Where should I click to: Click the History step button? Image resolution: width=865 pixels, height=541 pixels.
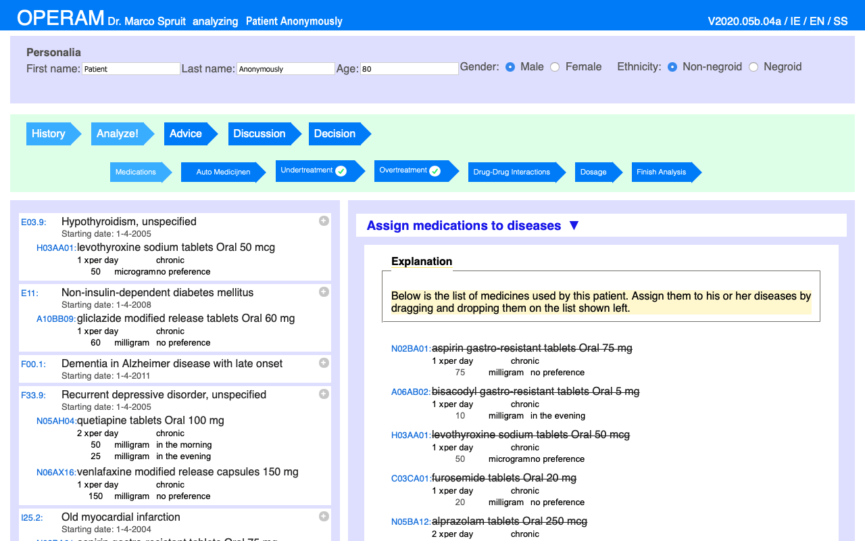(49, 134)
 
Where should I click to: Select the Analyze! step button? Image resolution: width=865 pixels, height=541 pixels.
(118, 134)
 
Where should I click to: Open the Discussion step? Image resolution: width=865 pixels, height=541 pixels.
(259, 134)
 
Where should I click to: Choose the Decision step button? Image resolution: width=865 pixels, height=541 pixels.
(335, 134)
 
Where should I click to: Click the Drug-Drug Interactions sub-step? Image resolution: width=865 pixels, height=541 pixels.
(512, 172)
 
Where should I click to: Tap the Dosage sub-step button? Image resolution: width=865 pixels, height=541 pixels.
(593, 172)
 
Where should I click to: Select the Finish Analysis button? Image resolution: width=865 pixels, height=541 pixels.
(661, 172)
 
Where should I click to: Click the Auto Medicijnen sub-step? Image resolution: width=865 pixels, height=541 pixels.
(223, 172)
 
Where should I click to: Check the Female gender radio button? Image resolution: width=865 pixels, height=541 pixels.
(555, 67)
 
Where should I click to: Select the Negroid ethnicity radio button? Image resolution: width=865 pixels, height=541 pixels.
(753, 67)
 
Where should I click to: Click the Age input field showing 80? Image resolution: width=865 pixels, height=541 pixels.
(409, 69)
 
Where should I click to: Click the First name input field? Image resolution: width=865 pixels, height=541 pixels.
(130, 69)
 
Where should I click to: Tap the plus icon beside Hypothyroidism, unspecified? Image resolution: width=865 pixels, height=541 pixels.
(324, 220)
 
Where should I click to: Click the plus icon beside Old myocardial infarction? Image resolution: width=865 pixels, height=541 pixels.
(324, 516)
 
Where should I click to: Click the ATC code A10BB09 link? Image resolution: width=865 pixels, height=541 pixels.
(56, 319)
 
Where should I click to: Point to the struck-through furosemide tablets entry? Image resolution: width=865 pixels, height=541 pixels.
(503, 478)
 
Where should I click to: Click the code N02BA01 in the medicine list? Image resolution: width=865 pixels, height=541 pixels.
(410, 349)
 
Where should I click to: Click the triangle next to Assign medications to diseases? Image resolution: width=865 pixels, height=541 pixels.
(574, 225)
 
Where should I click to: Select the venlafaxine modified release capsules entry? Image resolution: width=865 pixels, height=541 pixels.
(187, 472)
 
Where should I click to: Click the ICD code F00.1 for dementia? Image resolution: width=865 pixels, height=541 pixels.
(33, 364)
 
